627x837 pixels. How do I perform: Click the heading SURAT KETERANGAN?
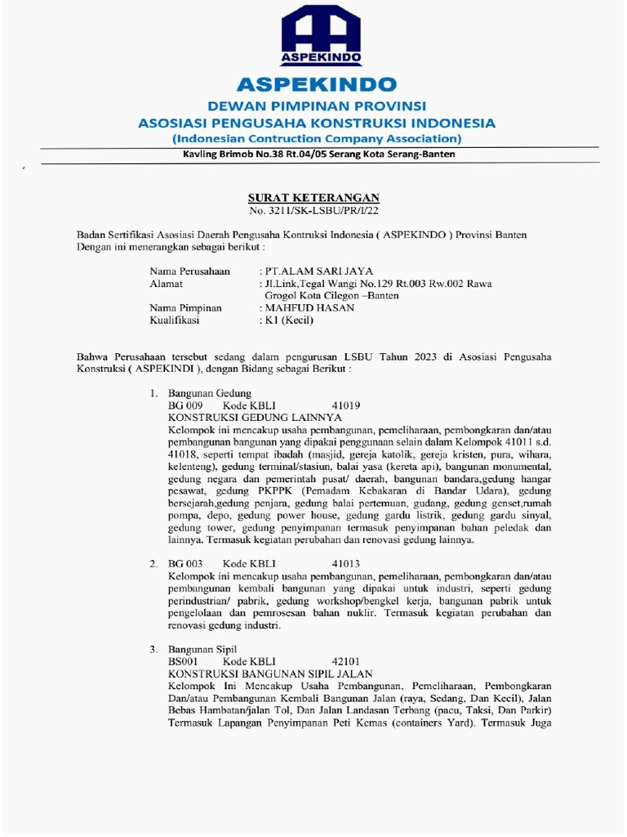[x=314, y=199]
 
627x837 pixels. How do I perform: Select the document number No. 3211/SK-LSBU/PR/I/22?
[x=314, y=212]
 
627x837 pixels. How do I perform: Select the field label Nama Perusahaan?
[x=189, y=271]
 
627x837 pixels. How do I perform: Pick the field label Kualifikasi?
[x=175, y=320]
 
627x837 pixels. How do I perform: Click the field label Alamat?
[x=166, y=283]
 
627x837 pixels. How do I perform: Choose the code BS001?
[x=183, y=661]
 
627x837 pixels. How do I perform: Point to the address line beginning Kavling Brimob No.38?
[x=314, y=154]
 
